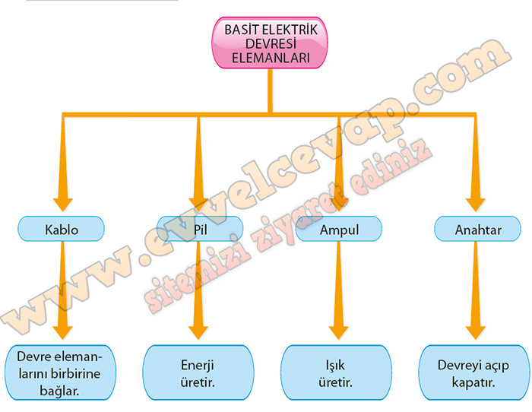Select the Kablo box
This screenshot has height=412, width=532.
point(62,228)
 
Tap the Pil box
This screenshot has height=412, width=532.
point(201,228)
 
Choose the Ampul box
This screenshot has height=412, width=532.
point(339,228)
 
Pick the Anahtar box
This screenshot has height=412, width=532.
point(477,228)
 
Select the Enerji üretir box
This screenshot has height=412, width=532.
point(198,372)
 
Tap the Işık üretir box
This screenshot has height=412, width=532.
point(334,372)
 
